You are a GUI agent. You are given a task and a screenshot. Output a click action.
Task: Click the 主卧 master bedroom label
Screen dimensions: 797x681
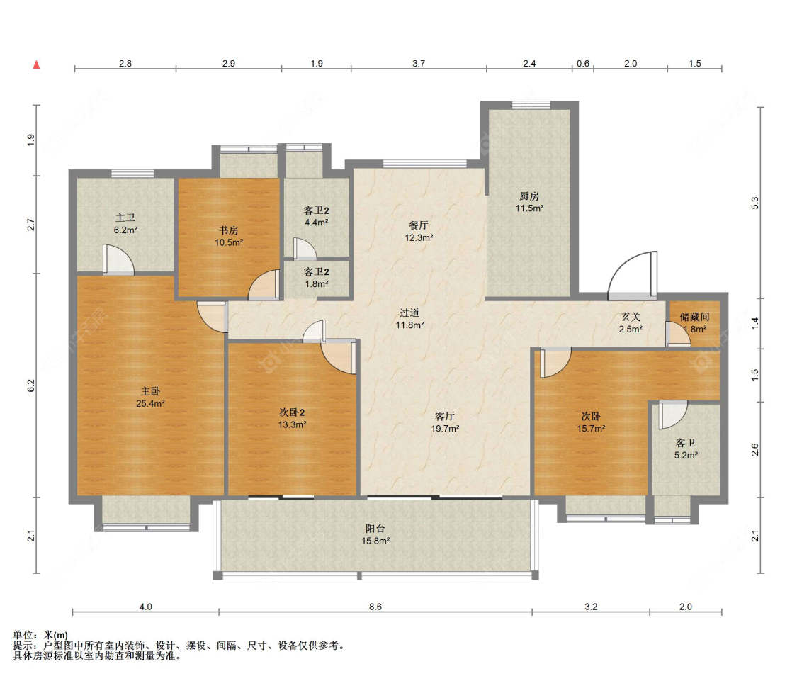[x=150, y=391]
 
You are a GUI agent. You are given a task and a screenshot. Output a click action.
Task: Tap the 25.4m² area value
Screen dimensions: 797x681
[x=150, y=404]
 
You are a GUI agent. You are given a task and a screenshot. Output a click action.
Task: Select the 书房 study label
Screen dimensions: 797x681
[x=229, y=230]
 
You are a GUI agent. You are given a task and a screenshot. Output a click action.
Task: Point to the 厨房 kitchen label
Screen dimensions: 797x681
[x=529, y=196]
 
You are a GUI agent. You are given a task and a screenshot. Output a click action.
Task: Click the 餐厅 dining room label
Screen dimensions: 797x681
[x=418, y=225]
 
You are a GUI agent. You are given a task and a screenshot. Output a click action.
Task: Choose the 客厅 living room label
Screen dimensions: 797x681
[x=445, y=417]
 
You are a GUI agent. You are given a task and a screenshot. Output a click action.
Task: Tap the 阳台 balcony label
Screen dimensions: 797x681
[x=375, y=529]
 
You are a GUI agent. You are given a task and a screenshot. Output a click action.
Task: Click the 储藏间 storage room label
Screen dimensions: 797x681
[x=694, y=317]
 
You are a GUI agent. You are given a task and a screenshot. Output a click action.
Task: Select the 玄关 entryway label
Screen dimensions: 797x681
[x=631, y=317]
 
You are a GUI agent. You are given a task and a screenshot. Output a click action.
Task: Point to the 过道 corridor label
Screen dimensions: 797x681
[x=409, y=313]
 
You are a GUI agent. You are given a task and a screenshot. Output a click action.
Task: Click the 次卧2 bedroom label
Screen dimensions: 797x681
[x=293, y=412]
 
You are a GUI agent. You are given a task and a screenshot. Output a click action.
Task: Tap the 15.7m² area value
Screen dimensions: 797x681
[x=591, y=429]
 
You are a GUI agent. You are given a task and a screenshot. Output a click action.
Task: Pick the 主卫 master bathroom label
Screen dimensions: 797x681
[x=125, y=218]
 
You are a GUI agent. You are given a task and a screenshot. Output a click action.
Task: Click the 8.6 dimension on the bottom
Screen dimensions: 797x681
[x=375, y=607]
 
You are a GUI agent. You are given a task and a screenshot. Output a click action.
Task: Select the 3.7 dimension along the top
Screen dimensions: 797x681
[x=418, y=64]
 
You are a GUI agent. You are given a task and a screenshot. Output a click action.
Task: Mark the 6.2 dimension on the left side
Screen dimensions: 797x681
[x=31, y=385]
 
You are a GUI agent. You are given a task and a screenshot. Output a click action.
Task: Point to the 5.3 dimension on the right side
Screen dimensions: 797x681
[x=755, y=203]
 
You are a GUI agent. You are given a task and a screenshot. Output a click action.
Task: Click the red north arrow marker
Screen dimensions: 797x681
[x=36, y=64]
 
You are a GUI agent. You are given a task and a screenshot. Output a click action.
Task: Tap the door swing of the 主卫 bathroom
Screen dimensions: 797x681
[x=119, y=259]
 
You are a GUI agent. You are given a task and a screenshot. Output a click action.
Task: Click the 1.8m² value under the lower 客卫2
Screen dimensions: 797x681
[x=316, y=284]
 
